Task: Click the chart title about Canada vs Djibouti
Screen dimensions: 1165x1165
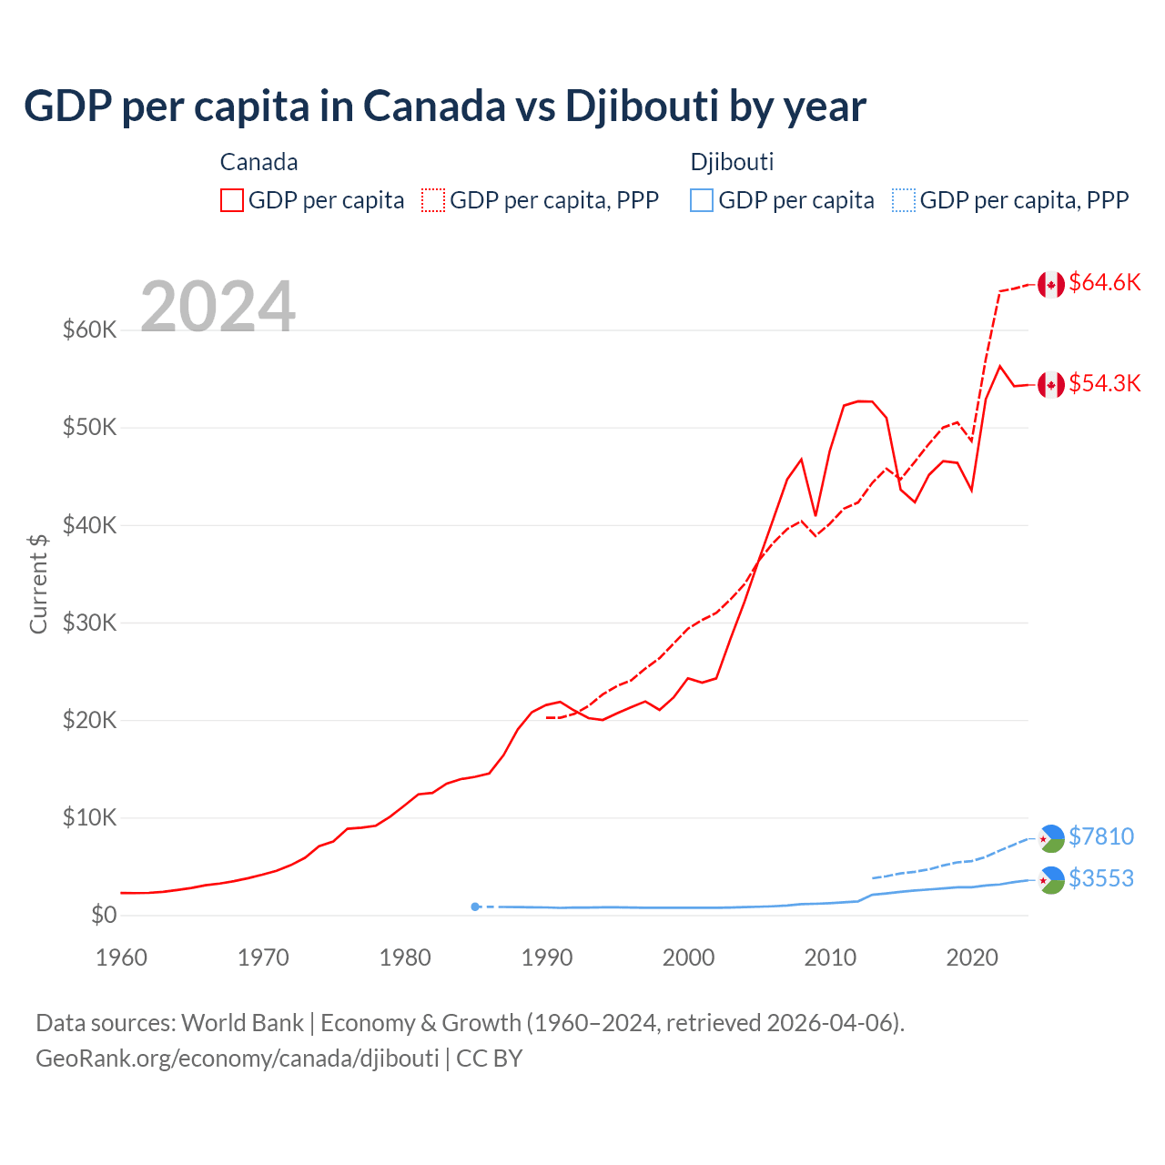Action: pos(444,106)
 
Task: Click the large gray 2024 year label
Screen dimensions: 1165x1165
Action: pos(218,307)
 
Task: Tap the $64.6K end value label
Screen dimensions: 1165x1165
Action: pos(1104,283)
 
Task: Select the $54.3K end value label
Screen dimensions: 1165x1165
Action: pos(1104,384)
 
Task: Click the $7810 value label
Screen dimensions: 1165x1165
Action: pos(1100,836)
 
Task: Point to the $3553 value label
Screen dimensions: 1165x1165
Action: pos(1100,878)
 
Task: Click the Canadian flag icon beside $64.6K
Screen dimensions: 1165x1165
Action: pos(1051,284)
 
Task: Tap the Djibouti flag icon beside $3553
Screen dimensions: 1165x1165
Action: pos(1051,880)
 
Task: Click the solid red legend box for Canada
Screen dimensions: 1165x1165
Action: pos(232,200)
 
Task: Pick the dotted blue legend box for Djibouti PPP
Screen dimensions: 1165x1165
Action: pos(904,200)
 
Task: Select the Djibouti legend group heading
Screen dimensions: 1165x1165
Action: pos(732,162)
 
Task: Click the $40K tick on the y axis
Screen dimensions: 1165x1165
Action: pos(89,525)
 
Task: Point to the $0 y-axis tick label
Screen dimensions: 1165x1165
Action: pos(104,915)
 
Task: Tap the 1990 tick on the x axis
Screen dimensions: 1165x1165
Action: pos(547,957)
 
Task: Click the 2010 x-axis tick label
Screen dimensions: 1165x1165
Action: pos(830,957)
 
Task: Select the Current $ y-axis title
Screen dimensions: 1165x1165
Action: pos(38,583)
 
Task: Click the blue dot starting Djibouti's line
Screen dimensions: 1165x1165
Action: pos(475,907)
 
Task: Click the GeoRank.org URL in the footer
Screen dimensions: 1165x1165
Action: pos(238,1059)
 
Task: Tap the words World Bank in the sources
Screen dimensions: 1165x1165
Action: pos(242,1023)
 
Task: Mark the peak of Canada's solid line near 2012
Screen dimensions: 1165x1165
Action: pos(859,400)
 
